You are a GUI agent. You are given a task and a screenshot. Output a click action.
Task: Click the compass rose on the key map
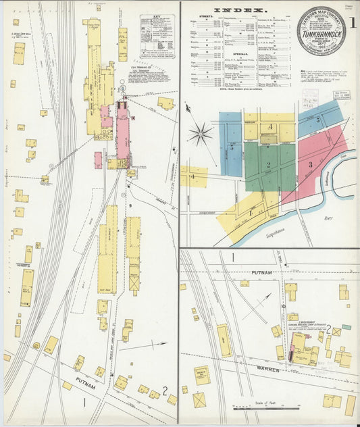[200, 134]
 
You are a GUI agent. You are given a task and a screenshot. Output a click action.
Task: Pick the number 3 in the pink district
[310, 164]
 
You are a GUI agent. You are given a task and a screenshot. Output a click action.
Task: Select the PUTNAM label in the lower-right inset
[263, 272]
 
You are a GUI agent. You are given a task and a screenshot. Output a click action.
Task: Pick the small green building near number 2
[346, 327]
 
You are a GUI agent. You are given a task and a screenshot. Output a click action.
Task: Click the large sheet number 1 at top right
[353, 22]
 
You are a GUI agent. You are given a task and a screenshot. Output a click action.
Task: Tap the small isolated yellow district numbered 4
[193, 177]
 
